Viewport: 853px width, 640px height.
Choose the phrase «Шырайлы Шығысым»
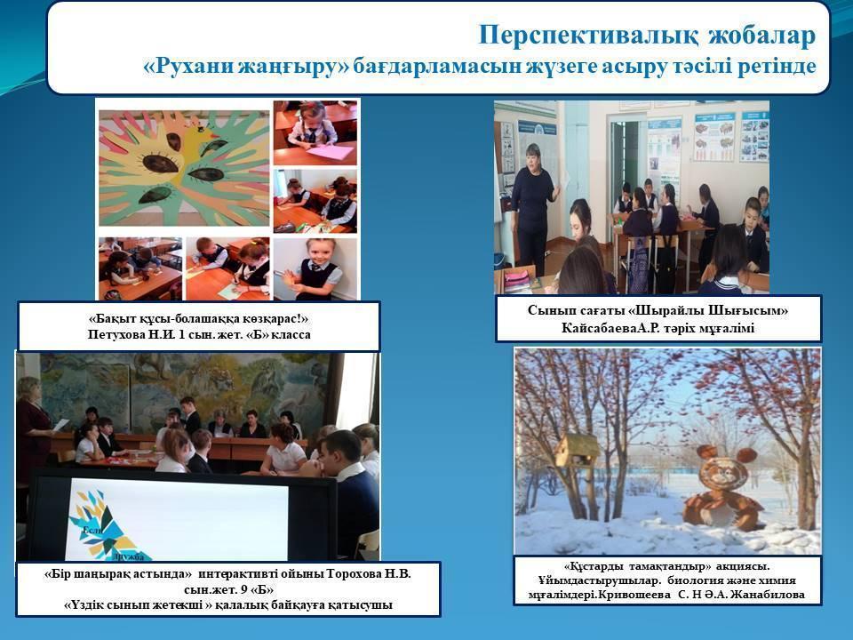point(708,311)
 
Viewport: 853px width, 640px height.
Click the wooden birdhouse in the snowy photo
point(577,452)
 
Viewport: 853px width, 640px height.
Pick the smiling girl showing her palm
point(315,270)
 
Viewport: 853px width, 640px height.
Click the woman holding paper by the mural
point(34,430)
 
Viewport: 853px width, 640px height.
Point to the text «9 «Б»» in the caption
point(259,590)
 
